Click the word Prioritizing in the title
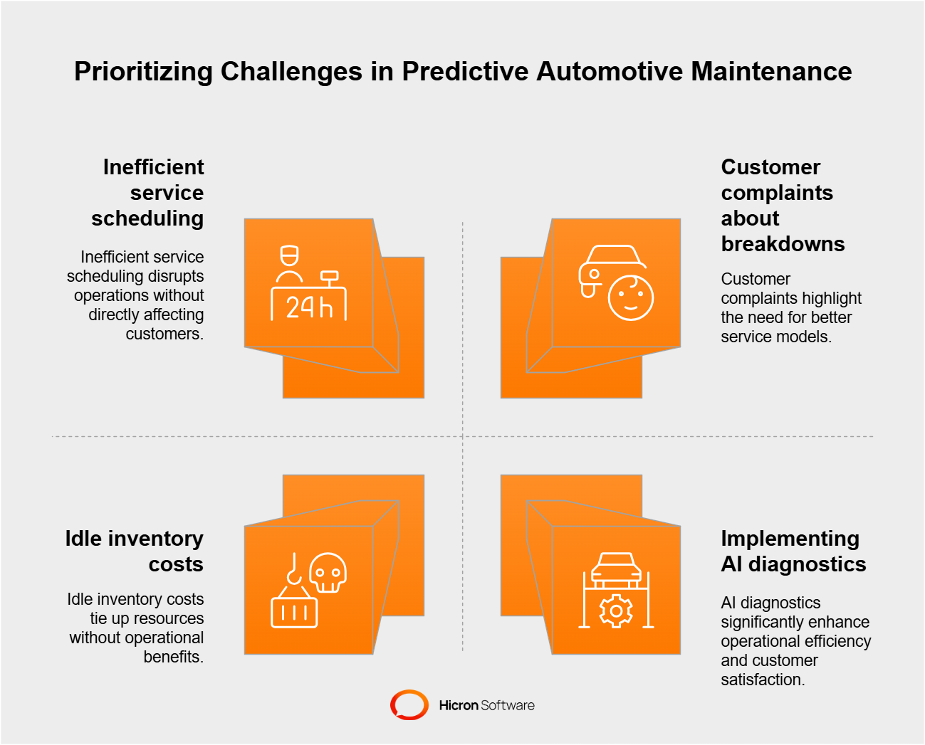click(x=143, y=72)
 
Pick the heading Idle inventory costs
click(x=135, y=551)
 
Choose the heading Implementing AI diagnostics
click(x=793, y=551)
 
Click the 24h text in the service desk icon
click(x=309, y=307)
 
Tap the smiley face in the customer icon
click(x=631, y=297)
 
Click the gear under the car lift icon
click(x=616, y=611)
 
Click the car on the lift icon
click(x=616, y=569)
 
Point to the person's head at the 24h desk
click(x=289, y=257)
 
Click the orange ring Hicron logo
click(x=409, y=704)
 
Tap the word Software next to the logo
click(x=508, y=705)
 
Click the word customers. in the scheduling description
click(x=164, y=334)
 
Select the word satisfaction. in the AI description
click(x=762, y=680)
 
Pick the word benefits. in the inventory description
click(x=173, y=657)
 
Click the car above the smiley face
click(x=609, y=265)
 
